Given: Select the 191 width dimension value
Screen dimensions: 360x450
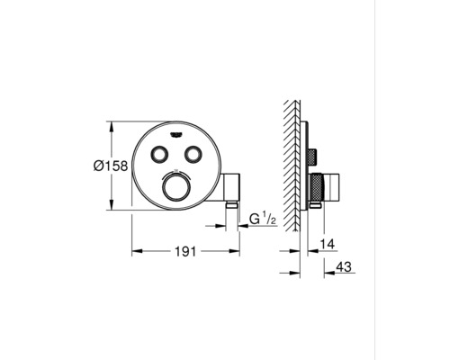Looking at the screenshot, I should point(185,253).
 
